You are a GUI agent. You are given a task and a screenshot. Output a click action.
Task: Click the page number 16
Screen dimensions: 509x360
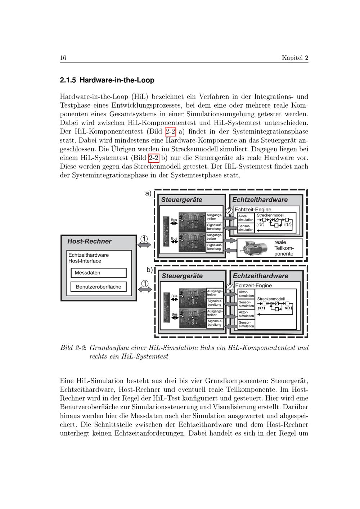(63, 58)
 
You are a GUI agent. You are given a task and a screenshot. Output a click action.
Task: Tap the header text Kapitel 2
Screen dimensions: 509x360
(295, 58)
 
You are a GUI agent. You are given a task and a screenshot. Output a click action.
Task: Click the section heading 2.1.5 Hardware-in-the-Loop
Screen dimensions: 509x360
(107, 80)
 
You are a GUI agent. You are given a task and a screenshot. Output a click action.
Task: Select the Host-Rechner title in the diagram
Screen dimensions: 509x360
(89, 242)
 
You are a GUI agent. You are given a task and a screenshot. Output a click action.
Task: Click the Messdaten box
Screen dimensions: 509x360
(99, 273)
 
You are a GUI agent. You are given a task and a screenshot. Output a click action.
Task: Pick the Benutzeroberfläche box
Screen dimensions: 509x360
(99, 287)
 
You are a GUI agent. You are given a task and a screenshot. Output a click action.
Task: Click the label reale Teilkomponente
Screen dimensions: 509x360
(284, 248)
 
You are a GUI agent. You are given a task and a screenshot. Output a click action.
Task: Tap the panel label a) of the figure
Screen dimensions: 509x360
(148, 193)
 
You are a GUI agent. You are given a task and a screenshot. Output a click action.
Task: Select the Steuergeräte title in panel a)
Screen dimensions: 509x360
(181, 200)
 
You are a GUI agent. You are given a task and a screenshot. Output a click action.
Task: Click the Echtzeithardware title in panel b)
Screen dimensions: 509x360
(260, 276)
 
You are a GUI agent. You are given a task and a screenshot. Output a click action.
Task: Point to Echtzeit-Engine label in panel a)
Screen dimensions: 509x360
(253, 210)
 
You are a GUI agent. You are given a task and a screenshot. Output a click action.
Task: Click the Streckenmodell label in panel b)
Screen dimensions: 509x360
(271, 299)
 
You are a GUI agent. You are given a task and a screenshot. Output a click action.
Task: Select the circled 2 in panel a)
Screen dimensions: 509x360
(229, 211)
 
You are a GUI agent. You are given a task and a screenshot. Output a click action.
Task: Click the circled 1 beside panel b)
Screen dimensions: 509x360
(144, 283)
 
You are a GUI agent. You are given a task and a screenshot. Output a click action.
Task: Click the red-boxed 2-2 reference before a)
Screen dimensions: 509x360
(170, 131)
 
